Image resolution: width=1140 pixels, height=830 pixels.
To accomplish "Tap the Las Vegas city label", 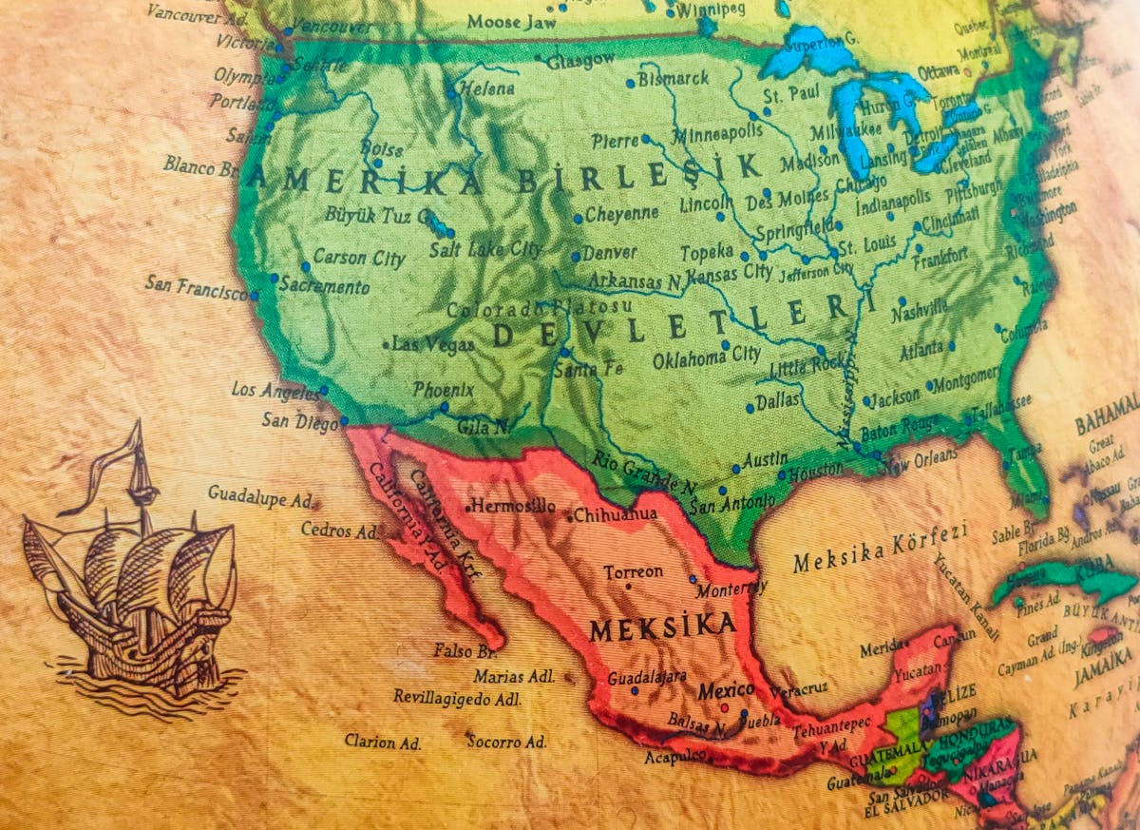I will pos(432,344).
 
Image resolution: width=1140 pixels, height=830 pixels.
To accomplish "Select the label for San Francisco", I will pos(196,286).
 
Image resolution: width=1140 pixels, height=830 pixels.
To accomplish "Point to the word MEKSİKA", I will pos(662,627).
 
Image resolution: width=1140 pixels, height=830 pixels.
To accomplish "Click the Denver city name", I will pos(609,254).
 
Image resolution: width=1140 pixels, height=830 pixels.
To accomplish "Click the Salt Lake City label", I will pos(485,250).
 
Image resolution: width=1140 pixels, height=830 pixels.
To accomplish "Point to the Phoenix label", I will pos(443,390).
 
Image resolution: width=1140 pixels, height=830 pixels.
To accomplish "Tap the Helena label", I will pos(486,89).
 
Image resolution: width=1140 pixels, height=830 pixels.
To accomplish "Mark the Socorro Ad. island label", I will pos(506,741).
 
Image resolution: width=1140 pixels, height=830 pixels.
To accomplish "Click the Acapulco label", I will pos(675,757).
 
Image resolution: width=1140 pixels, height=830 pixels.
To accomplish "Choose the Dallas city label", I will pos(778,401).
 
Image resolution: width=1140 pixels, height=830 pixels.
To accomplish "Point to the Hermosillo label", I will pos(512,506).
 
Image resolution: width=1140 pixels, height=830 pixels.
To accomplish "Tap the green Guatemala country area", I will pos(902,738).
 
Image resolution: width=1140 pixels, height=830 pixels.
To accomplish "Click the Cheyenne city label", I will pos(621,214).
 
